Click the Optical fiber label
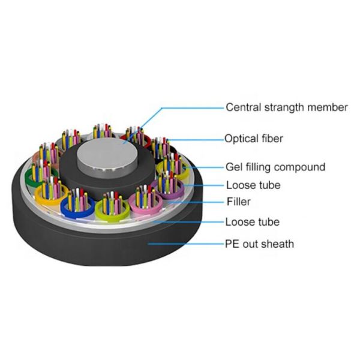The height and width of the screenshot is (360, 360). click(254, 139)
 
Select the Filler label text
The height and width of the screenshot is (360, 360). click(238, 202)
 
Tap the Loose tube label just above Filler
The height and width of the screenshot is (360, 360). click(253, 185)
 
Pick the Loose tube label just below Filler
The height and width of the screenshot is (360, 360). click(252, 222)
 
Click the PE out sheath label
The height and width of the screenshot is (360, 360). click(259, 244)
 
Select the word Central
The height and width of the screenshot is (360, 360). click(242, 107)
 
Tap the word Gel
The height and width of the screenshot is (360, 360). click(233, 167)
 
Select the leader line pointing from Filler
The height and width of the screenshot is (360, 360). click(198, 202)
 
